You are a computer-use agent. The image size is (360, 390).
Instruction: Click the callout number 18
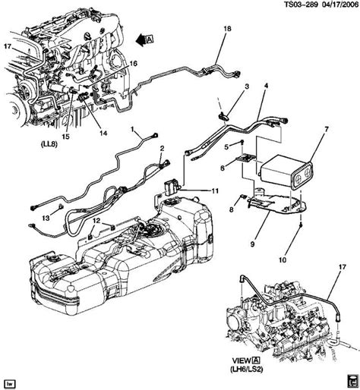(227, 29)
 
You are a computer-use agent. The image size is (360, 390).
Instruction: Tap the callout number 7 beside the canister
(327, 129)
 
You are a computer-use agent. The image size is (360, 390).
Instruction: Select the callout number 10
(283, 259)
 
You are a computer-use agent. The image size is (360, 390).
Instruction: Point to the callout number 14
(103, 133)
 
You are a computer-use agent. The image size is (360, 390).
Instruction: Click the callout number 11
(215, 191)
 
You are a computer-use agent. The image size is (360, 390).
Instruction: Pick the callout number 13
(46, 218)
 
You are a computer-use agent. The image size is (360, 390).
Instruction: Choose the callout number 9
(252, 244)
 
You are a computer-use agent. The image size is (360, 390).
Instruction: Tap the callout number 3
(247, 86)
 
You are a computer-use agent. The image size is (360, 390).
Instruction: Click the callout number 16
(133, 63)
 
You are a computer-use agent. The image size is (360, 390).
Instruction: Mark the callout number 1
(132, 130)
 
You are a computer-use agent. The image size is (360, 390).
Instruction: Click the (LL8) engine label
(49, 144)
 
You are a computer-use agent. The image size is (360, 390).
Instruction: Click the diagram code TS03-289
(301, 5)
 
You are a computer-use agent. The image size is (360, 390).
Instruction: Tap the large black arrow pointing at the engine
(141, 39)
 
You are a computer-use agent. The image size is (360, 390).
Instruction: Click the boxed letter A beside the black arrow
(150, 39)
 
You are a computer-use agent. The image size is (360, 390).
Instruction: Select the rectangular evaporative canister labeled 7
(287, 172)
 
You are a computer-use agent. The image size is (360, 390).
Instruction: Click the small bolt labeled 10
(301, 225)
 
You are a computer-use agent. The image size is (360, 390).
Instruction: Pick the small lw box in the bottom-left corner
(10, 384)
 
